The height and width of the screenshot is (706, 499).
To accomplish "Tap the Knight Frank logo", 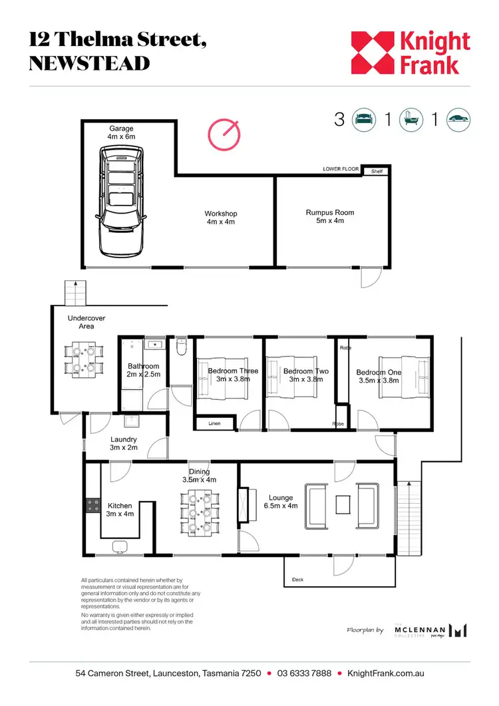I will (411, 53).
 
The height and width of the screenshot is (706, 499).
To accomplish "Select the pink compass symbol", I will (224, 134).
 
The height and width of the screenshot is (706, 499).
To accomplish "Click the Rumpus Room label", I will (330, 216).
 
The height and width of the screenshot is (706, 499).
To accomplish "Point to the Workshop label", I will (220, 218).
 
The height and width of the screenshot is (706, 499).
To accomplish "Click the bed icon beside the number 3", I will (363, 120).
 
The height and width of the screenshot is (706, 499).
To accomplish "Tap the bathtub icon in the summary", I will (411, 120).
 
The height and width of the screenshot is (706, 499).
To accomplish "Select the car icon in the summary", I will (459, 120).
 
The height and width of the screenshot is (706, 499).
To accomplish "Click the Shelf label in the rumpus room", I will (377, 171).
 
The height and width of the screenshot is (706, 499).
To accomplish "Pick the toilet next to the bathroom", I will (181, 348).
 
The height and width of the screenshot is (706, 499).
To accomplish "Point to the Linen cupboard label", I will (214, 423).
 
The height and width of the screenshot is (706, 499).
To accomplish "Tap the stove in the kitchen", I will (92, 506).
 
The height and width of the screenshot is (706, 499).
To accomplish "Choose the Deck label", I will (297, 580).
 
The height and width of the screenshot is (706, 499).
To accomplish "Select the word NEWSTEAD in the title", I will (90, 63).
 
